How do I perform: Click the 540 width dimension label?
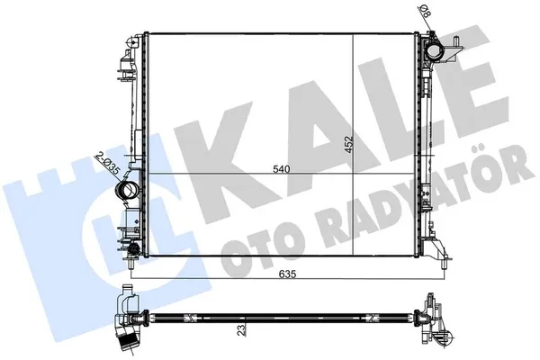[282, 169]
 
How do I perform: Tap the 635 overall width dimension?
[288, 274]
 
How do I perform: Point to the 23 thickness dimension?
[242, 329]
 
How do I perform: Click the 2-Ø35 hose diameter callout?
[107, 165]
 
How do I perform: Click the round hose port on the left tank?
[127, 191]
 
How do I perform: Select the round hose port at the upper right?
[435, 50]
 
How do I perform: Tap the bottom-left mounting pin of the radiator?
[131, 264]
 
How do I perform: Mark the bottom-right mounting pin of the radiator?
[444, 265]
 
